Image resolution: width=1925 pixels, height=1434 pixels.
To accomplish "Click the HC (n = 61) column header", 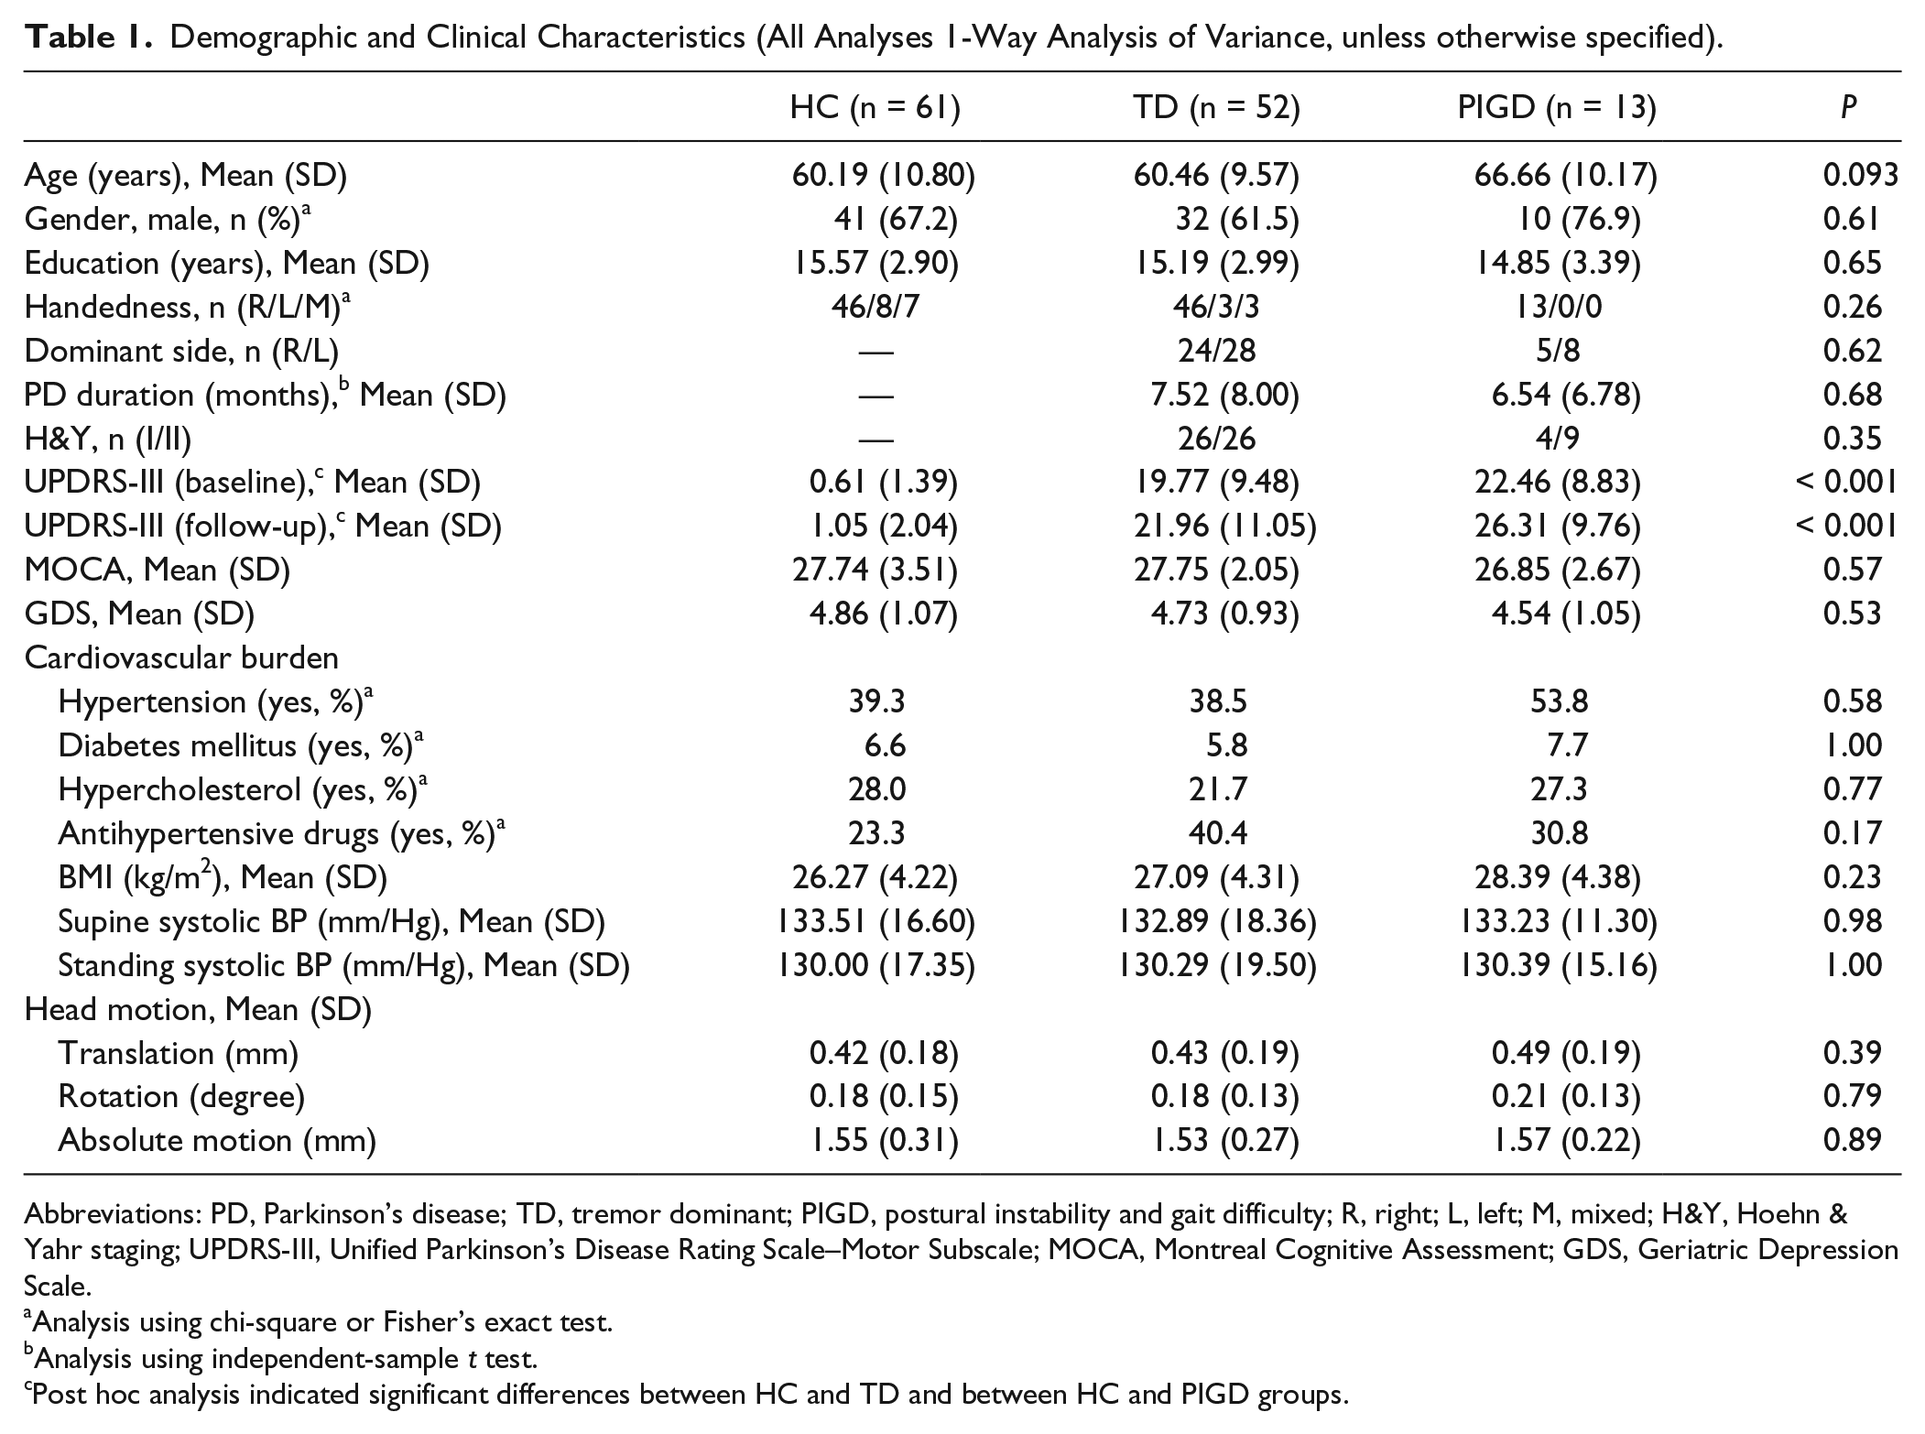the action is click(x=875, y=108).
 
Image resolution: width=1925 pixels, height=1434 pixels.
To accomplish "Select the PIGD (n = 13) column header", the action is click(x=1557, y=108).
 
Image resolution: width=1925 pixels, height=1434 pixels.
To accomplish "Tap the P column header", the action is click(x=1849, y=108).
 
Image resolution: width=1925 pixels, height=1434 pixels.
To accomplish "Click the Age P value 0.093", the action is click(x=1860, y=175).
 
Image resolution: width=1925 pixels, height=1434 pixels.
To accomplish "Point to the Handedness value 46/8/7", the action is click(x=875, y=307).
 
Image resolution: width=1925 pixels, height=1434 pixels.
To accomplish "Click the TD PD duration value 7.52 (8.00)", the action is click(x=1224, y=395).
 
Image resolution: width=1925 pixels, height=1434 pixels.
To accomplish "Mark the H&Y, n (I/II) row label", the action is click(x=108, y=440).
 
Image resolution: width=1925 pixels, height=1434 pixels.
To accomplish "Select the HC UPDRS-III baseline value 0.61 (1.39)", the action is click(x=884, y=483).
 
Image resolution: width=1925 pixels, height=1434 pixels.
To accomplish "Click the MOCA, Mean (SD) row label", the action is click(x=158, y=570).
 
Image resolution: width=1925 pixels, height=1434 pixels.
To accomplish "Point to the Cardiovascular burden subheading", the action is click(x=181, y=657).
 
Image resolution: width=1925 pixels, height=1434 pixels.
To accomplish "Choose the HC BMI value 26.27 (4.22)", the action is click(x=875, y=877).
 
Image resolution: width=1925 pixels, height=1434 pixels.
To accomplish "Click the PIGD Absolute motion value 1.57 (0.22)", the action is click(x=1566, y=1140).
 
